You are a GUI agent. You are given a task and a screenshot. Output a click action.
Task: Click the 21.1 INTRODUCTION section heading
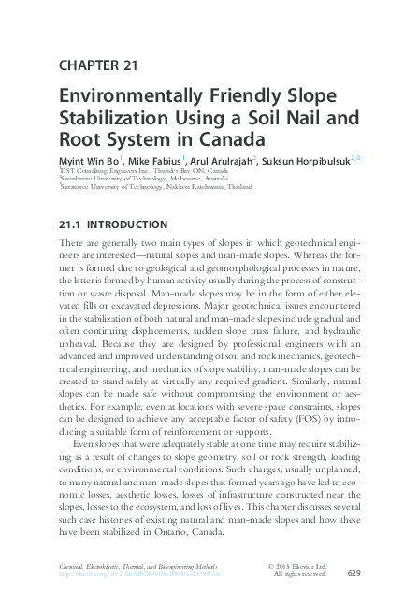[x=112, y=225]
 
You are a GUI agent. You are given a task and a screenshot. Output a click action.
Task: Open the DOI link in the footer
[x=141, y=575]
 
